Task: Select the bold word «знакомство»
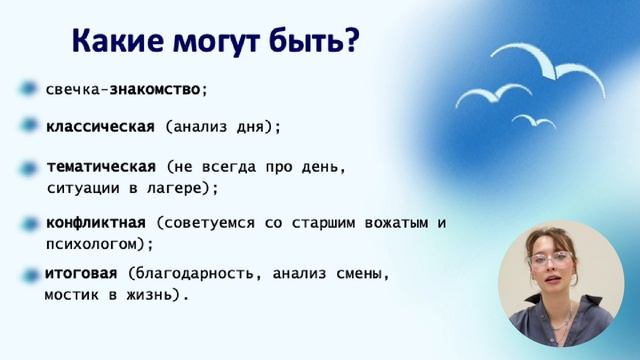tap(155, 89)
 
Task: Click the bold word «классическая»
tap(100, 127)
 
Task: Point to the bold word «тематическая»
tap(100, 166)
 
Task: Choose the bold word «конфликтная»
tap(96, 222)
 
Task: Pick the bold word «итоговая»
tap(82, 274)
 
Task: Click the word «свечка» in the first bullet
tap(71, 89)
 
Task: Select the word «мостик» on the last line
tap(70, 296)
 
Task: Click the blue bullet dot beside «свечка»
tap(28, 89)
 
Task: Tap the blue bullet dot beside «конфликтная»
tap(28, 222)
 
